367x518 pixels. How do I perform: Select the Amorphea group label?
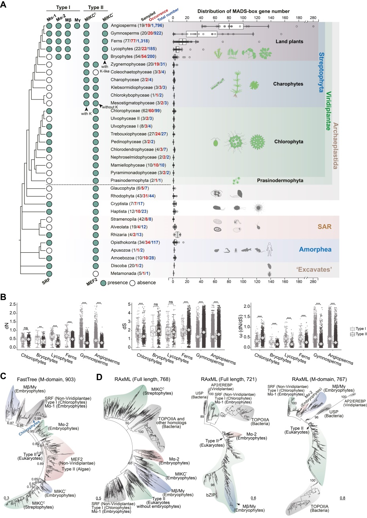(x=315, y=249)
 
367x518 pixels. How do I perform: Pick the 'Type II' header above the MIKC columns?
(x=96, y=7)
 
